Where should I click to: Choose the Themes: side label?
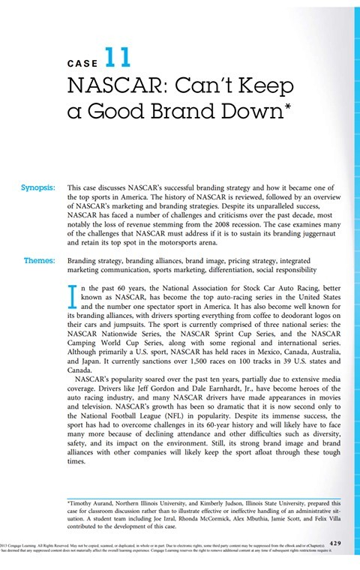click(40, 261)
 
